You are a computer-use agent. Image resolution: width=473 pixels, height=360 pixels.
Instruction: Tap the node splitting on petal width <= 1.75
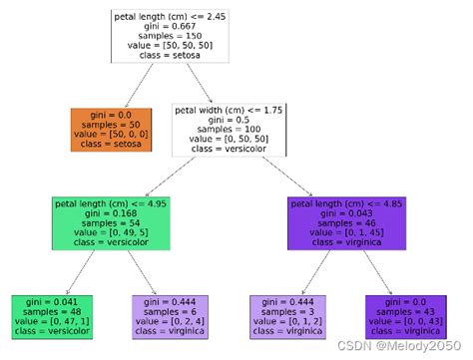(229, 129)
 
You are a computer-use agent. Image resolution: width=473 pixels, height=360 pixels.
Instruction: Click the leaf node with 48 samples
(53, 316)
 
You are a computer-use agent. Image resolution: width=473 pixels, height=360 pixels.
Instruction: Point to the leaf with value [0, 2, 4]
(170, 316)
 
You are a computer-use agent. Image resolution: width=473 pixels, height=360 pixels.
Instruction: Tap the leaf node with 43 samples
(404, 316)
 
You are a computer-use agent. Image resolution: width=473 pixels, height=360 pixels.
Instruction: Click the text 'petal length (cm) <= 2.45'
(169, 15)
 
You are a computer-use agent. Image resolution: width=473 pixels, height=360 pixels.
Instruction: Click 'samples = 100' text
(229, 129)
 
